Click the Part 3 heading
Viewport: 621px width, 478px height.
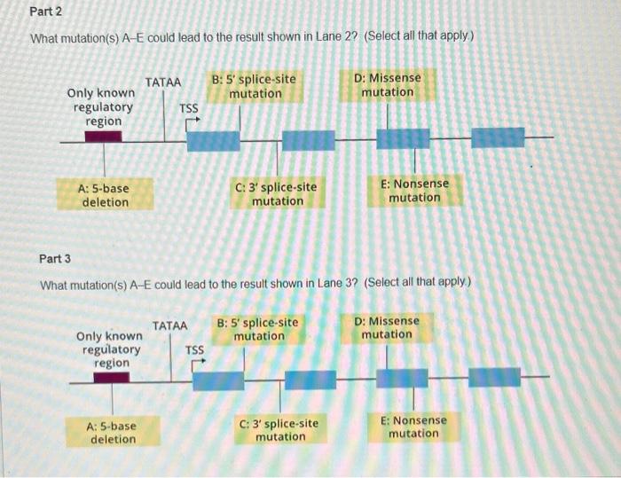(55, 259)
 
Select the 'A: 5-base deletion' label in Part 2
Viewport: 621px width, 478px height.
(104, 195)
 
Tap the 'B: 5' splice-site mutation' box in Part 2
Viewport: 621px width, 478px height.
(254, 86)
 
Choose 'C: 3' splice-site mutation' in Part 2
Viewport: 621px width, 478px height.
(277, 193)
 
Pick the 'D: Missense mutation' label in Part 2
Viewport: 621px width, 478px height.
(388, 85)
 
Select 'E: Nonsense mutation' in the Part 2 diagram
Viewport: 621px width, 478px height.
(414, 191)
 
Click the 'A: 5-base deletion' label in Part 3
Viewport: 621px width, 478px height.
(113, 432)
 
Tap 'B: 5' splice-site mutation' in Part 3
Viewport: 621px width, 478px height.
(258, 329)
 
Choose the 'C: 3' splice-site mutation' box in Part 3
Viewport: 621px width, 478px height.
(279, 430)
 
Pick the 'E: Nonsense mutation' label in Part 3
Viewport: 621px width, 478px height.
(413, 427)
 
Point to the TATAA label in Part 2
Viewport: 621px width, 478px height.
(163, 82)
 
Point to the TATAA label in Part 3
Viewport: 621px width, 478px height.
(170, 325)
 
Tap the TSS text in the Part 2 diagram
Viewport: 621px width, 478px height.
(189, 108)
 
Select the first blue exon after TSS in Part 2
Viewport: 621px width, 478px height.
(213, 140)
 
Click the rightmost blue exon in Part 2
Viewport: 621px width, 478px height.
(497, 137)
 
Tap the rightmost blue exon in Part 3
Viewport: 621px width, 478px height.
(494, 377)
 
